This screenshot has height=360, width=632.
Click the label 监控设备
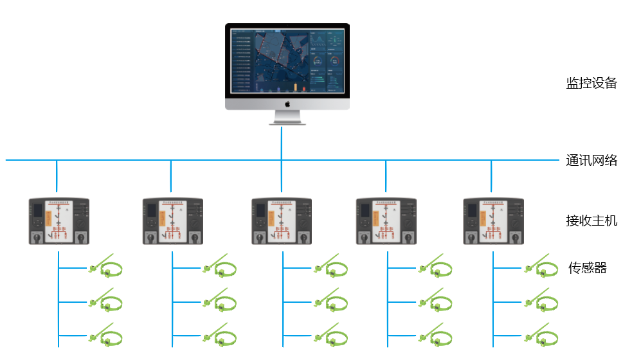point(591,84)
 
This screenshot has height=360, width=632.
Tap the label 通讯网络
point(591,161)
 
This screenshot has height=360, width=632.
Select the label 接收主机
point(591,221)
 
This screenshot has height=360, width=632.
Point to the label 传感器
point(587,268)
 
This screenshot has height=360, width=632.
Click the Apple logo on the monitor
point(287,104)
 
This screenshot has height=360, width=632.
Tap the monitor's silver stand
point(287,118)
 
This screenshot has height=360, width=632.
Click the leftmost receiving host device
point(59,221)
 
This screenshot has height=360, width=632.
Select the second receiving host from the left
point(172,221)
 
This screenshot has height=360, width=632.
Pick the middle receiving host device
point(282,221)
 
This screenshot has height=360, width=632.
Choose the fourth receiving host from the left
point(386,221)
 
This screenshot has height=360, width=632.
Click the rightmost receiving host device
point(493,221)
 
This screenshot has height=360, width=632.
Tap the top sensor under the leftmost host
point(105,266)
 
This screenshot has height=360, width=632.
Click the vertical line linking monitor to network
point(282,142)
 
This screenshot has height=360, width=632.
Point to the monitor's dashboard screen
point(287,60)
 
